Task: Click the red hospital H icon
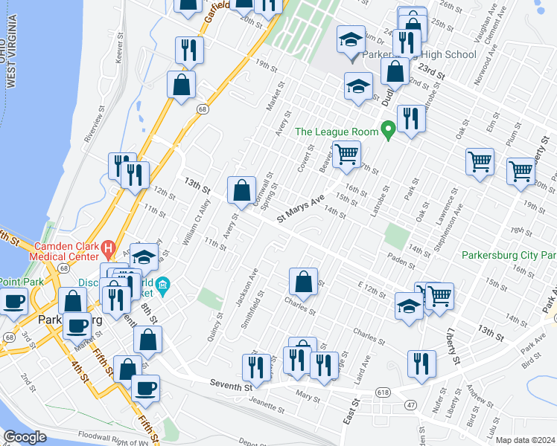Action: tap(108, 248)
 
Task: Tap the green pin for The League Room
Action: tap(387, 132)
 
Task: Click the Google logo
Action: tap(25, 437)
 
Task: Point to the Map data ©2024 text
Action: tap(524, 440)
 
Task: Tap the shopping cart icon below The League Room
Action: tap(346, 155)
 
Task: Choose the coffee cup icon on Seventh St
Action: tap(145, 387)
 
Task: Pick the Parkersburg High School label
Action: tap(419, 55)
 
